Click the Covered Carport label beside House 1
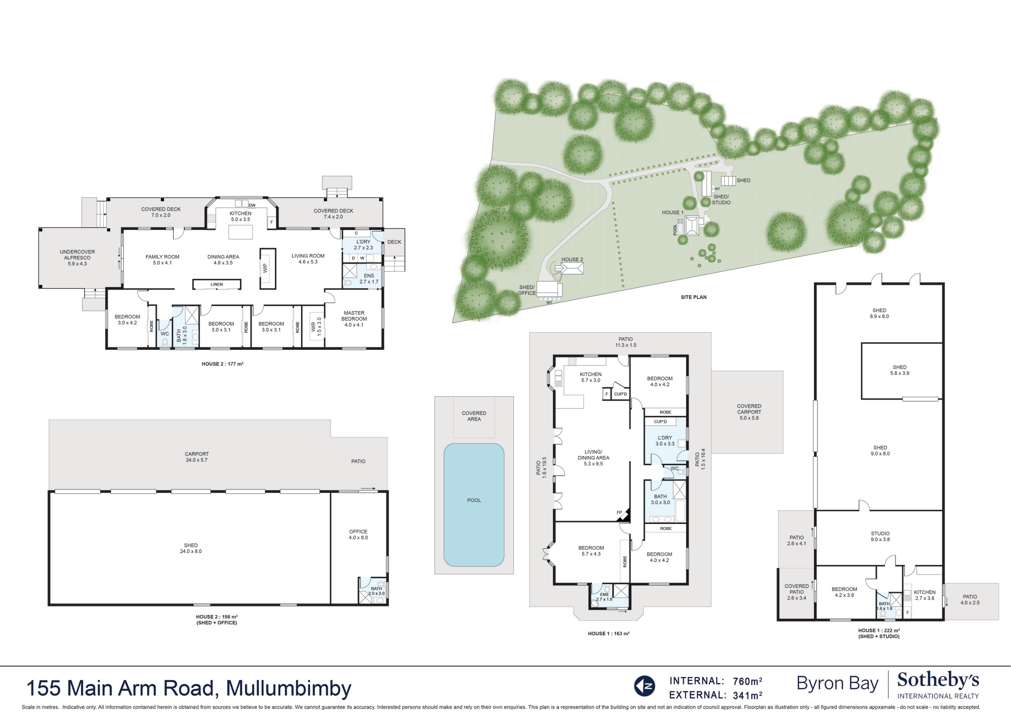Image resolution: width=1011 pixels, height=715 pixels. [x=748, y=412]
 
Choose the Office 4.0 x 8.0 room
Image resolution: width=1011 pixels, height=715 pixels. [x=358, y=534]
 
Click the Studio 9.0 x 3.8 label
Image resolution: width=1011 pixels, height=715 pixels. [x=880, y=536]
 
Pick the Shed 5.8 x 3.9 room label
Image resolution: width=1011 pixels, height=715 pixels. [x=899, y=370]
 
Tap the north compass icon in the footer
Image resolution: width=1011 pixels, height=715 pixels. [x=644, y=686]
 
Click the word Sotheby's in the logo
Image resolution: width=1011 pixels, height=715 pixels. [x=937, y=681]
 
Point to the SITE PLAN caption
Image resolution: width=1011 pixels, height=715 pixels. [x=694, y=297]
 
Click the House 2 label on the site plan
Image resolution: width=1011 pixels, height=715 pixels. [x=572, y=260]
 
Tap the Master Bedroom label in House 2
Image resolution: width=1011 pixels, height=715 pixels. [x=354, y=316]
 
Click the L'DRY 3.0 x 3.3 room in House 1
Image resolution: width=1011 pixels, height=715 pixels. [x=664, y=441]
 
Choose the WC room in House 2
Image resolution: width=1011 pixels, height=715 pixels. [x=164, y=334]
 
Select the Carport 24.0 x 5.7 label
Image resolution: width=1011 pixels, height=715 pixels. [x=196, y=457]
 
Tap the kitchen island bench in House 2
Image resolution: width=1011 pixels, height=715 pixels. [x=240, y=231]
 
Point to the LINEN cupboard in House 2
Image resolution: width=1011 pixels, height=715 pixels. [x=216, y=285]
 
